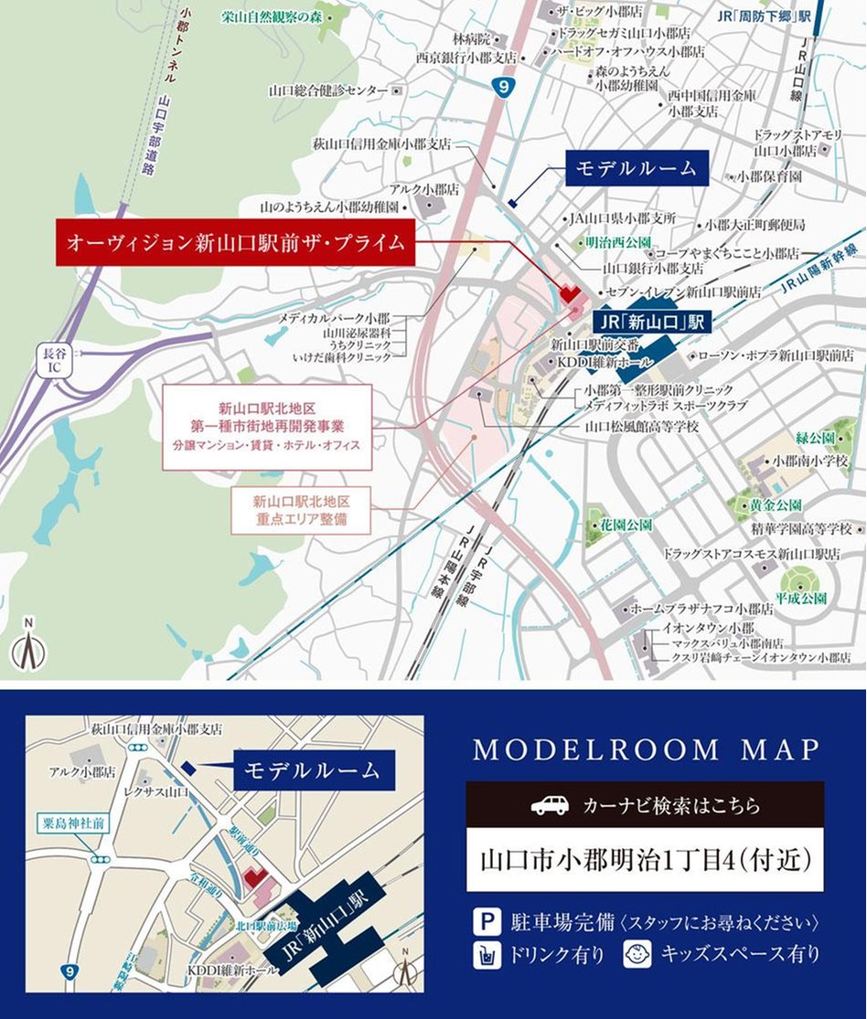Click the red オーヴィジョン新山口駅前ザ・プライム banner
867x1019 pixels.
pyautogui.click(x=235, y=243)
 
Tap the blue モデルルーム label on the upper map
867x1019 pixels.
pyautogui.click(x=636, y=168)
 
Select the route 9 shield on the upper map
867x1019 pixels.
pyautogui.click(x=502, y=88)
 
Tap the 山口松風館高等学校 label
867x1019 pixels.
pyautogui.click(x=642, y=427)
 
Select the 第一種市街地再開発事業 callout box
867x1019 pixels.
pyautogui.click(x=268, y=427)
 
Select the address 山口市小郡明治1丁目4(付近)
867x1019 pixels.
pyautogui.click(x=645, y=861)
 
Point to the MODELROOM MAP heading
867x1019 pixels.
pyautogui.click(x=646, y=750)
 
